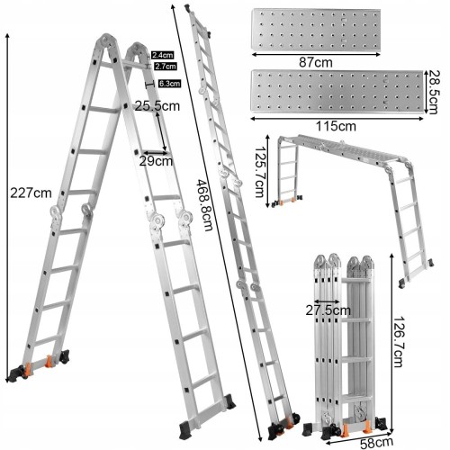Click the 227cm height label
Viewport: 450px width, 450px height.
[31, 193]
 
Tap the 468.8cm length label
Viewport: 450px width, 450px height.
[204, 205]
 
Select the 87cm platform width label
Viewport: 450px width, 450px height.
[316, 62]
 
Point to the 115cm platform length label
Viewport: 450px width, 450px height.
[336, 126]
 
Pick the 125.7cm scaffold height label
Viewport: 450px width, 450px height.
[260, 172]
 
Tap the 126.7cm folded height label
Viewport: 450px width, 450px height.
[399, 341]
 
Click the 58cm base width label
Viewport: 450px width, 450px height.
[376, 443]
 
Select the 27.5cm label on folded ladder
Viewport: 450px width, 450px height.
[328, 310]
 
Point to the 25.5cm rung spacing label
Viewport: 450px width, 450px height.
[157, 106]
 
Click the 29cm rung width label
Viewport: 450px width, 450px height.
[156, 161]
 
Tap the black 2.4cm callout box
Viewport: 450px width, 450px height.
[162, 55]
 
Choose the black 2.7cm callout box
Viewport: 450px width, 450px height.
[166, 66]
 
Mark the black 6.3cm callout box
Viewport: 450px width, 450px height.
[170, 84]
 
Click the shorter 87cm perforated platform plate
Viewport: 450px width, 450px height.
[316, 29]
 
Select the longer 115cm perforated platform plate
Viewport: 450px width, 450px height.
[337, 92]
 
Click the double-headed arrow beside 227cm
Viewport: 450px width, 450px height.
[7, 208]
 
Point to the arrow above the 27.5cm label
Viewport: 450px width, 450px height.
[327, 301]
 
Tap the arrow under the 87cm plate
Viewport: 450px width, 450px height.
[316, 54]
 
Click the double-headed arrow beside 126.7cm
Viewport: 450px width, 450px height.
[391, 343]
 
